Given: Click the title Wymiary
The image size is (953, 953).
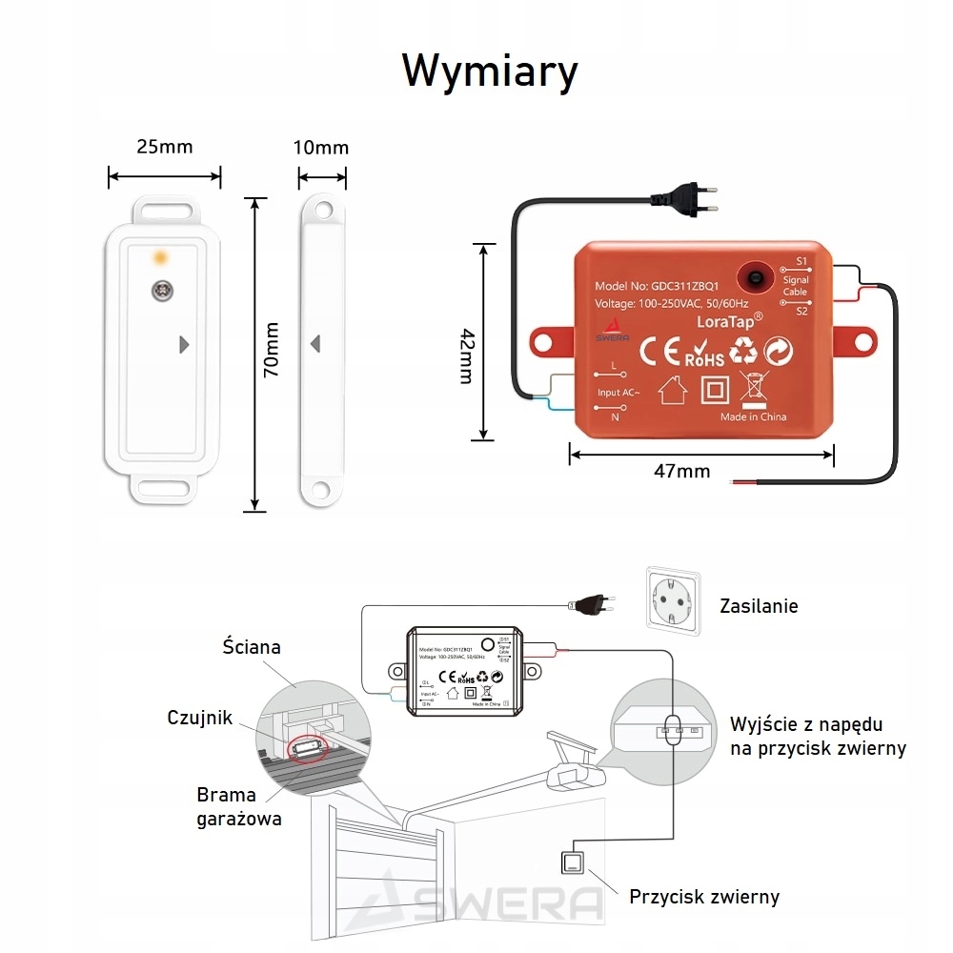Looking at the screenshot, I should click(489, 71).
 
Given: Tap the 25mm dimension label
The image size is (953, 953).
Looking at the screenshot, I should click(164, 146).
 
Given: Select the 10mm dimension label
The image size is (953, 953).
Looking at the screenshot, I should click(321, 147).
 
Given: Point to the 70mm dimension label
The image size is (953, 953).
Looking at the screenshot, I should click(272, 350).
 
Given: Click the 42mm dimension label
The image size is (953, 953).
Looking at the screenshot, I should click(466, 355).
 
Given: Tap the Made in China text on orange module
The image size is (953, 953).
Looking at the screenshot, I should click(753, 416).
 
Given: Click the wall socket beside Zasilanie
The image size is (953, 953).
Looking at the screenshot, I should click(673, 601).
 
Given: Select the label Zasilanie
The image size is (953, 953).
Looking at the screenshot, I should click(759, 606).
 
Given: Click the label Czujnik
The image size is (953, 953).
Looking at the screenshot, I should click(199, 718).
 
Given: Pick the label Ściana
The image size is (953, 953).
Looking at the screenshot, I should click(246, 648).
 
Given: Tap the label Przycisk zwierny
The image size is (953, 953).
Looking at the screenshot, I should click(704, 897).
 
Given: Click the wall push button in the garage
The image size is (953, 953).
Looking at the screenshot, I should click(575, 863).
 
